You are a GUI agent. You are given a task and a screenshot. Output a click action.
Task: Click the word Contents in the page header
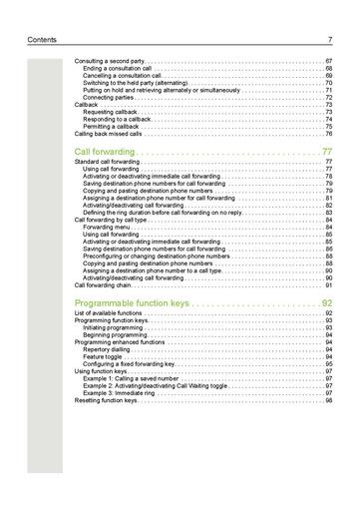point(44,40)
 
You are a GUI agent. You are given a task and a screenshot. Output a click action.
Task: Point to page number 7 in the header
point(329,40)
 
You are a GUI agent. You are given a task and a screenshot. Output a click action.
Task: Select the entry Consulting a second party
point(109,61)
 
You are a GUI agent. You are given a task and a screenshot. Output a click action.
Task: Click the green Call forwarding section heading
point(110,151)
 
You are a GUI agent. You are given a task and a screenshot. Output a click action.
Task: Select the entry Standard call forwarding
point(110,162)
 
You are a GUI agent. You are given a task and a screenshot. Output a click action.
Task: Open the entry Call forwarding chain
point(104,284)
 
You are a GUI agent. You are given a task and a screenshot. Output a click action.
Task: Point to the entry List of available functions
point(114,313)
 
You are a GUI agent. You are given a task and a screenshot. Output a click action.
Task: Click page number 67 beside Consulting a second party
point(328,61)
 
